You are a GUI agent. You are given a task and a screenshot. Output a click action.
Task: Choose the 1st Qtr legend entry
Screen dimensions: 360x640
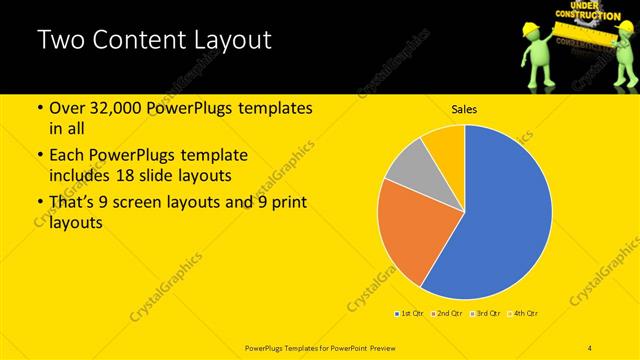(410, 313)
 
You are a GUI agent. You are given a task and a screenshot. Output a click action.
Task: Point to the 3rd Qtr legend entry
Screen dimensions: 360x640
(487, 313)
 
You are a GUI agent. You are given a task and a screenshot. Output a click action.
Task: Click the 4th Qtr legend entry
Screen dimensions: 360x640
(524, 313)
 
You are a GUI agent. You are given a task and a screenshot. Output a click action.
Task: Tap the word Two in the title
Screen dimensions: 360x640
(61, 41)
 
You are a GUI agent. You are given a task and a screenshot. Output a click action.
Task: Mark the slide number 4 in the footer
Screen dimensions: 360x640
(590, 347)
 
